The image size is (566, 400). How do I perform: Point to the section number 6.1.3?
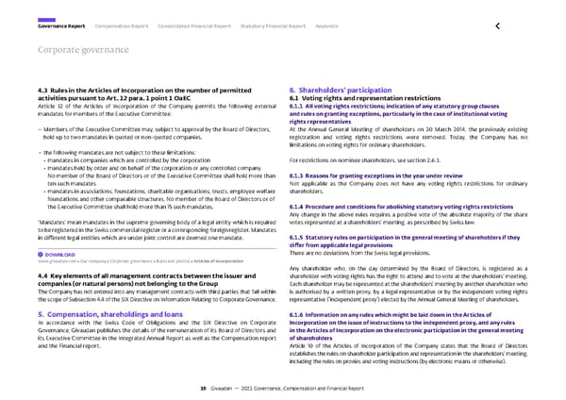point(298,176)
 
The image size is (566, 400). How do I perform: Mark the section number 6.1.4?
point(298,207)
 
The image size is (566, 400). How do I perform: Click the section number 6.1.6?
point(298,312)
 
